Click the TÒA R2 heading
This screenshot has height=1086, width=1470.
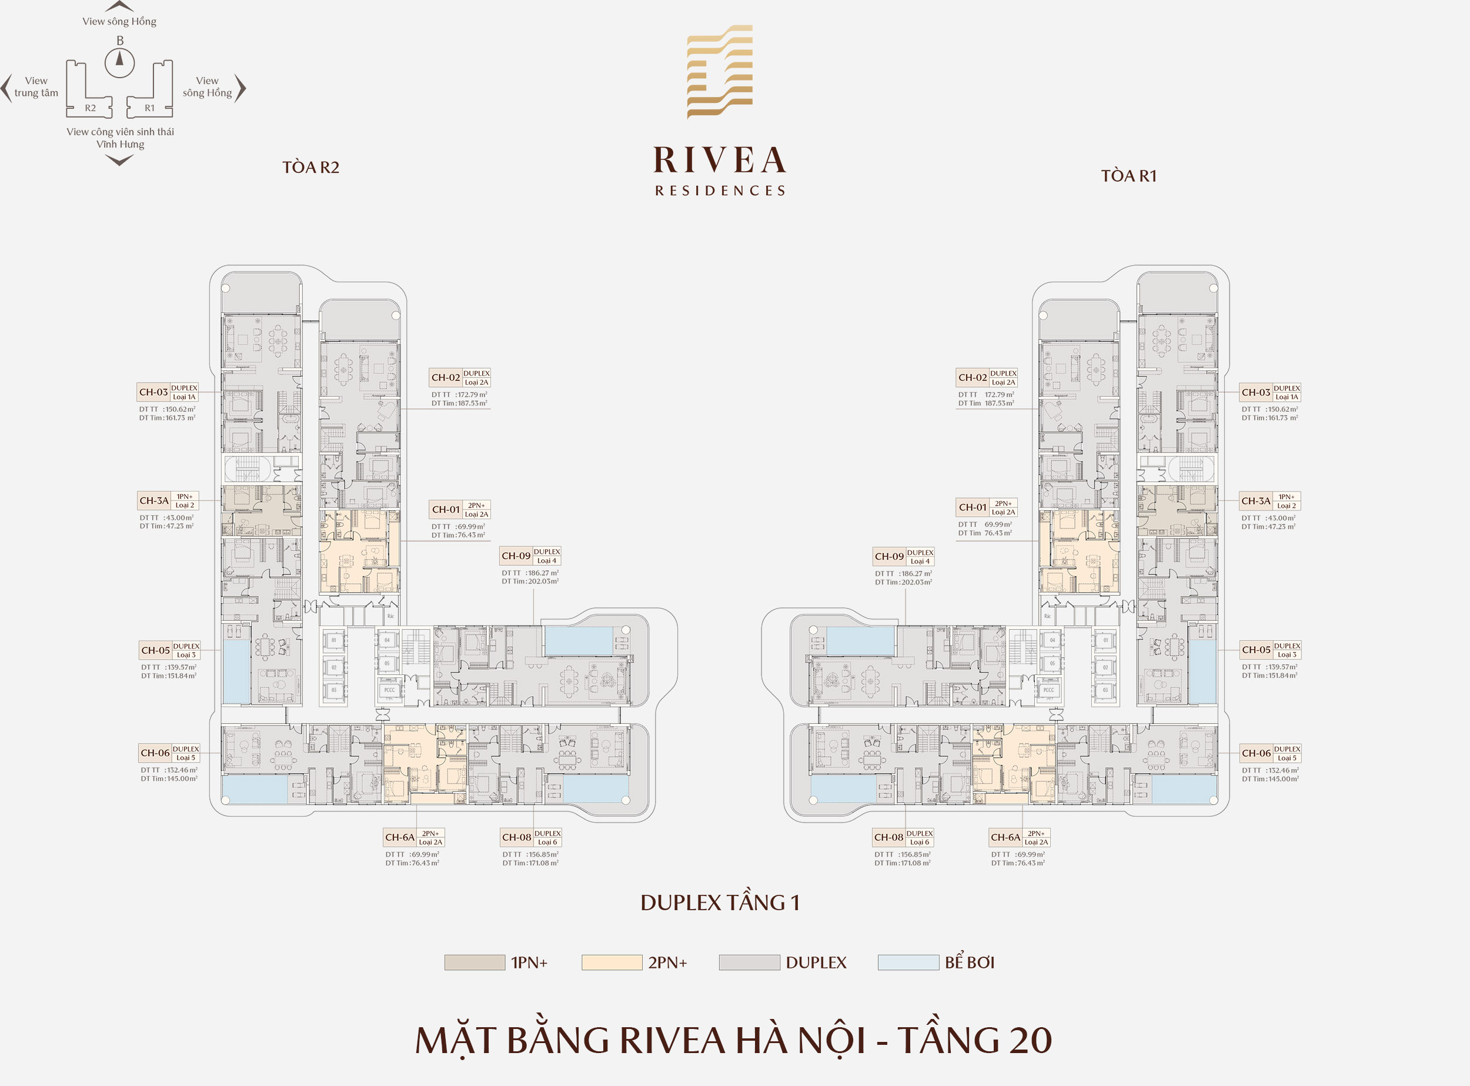tap(310, 168)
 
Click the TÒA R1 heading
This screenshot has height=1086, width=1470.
tap(1128, 176)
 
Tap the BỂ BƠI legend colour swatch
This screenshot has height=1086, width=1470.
tap(908, 963)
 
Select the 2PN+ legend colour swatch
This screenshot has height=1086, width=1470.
tap(612, 963)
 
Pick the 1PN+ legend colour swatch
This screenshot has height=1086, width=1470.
tap(474, 963)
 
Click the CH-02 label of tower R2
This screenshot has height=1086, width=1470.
tap(445, 377)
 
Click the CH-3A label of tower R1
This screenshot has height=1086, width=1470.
tap(1255, 501)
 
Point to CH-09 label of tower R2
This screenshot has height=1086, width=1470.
tap(516, 556)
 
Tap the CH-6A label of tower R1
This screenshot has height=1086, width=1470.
tap(1005, 837)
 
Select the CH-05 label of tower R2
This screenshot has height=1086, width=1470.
tap(155, 650)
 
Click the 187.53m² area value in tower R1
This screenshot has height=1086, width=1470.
tap(998, 403)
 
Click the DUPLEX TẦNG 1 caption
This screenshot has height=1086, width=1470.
tap(720, 903)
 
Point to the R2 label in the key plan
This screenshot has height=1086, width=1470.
tap(90, 108)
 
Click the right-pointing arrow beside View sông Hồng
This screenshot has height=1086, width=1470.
tap(240, 88)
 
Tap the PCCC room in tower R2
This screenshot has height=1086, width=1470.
tap(389, 690)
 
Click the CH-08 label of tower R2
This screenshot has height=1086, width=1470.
tap(516, 837)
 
